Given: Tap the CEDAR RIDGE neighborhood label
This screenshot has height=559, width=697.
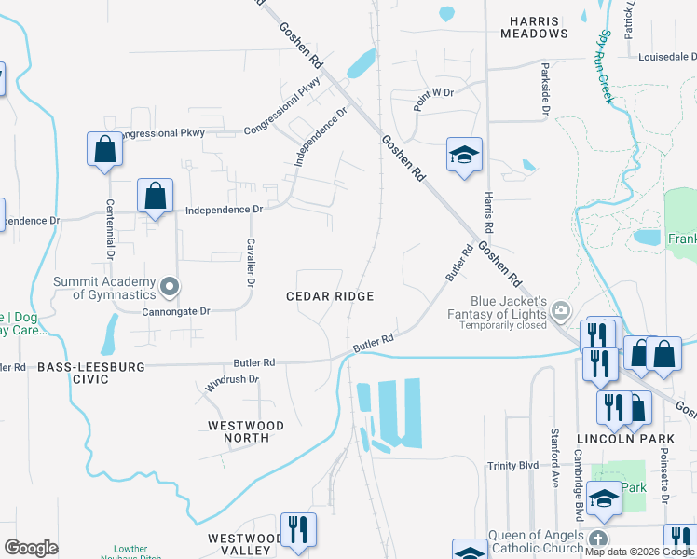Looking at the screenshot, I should click(330, 296).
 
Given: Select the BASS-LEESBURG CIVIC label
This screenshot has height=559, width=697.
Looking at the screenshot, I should click(91, 374).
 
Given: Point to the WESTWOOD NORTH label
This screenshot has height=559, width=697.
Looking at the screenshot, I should click(246, 431).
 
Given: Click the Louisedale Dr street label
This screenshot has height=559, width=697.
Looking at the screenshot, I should click(667, 57).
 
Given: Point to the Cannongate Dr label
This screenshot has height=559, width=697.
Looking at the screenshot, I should click(177, 312).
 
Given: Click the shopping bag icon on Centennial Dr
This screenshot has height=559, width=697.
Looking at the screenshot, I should click(104, 149).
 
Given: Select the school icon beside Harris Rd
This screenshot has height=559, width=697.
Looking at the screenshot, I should click(464, 155).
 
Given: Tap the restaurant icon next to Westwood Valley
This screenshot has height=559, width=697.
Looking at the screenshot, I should click(298, 530).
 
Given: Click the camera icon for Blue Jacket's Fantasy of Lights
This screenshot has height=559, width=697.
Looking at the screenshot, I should click(560, 309).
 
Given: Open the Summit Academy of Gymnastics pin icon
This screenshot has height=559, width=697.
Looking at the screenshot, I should click(169, 288).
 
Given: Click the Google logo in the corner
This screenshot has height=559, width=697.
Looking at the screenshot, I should click(31, 548).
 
